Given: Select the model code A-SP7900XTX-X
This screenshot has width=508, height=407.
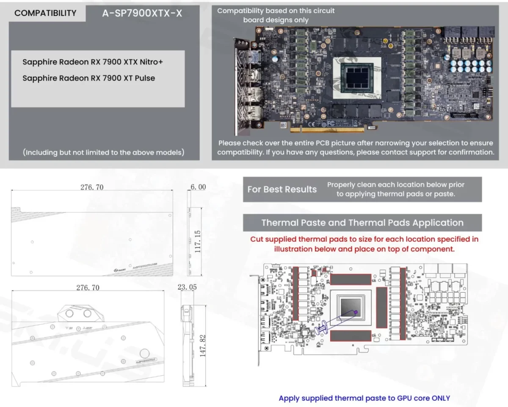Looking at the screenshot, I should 142,14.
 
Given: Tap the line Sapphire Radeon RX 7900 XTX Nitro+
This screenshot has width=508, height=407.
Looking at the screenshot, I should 93,62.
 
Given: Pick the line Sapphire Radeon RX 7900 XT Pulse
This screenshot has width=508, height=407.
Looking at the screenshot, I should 88,78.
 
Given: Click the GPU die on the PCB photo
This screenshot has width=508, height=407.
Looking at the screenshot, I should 360,77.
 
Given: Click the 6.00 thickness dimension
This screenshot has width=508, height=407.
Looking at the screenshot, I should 198,187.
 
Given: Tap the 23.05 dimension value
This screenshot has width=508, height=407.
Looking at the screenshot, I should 187,287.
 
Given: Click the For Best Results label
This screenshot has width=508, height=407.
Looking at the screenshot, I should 282,189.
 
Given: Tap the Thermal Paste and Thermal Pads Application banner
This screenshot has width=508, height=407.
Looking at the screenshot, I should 362,223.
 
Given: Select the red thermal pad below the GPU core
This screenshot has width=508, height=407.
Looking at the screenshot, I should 351,336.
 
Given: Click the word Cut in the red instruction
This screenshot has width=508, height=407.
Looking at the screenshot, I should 257,239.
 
